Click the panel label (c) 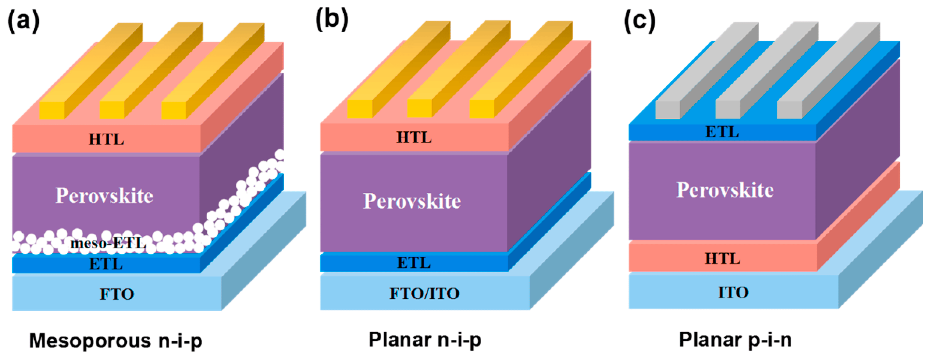pyautogui.click(x=640, y=20)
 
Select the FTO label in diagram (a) pyautogui.click(x=117, y=294)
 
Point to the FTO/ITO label pyautogui.click(x=424, y=293)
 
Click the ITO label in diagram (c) pyautogui.click(x=733, y=292)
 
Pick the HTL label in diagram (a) pyautogui.click(x=106, y=139)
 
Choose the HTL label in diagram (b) pyautogui.click(x=414, y=137)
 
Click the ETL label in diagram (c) pyautogui.click(x=722, y=132)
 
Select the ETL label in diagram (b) pyautogui.click(x=414, y=262)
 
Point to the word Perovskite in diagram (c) pyautogui.click(x=725, y=190)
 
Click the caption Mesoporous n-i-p pyautogui.click(x=115, y=341)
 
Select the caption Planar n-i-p pyautogui.click(x=425, y=340)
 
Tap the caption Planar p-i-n pyautogui.click(x=735, y=340)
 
